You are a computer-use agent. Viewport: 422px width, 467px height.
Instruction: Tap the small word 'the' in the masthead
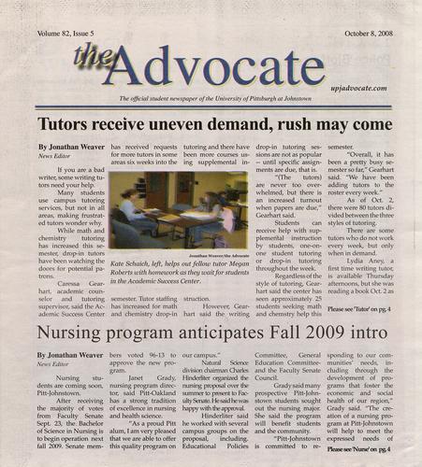(x=94, y=57)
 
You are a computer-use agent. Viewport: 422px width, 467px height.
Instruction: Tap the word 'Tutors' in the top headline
(x=65, y=124)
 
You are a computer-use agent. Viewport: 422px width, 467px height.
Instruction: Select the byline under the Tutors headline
(x=71, y=148)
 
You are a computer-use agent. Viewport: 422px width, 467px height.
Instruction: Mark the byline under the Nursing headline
(x=71, y=356)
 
